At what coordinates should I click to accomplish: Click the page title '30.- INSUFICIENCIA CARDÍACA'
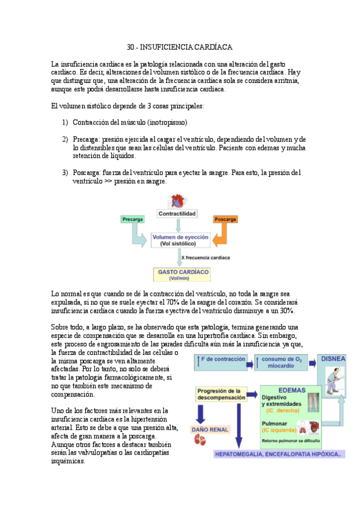pyautogui.click(x=180, y=47)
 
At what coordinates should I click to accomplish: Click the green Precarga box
pyautogui.click(x=132, y=220)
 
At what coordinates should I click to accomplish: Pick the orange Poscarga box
pyautogui.click(x=225, y=220)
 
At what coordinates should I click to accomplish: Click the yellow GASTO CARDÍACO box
pyautogui.click(x=183, y=274)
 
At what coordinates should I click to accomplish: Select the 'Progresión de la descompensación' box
pyautogui.click(x=222, y=394)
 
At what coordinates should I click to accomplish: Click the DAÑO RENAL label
pyautogui.click(x=209, y=429)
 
